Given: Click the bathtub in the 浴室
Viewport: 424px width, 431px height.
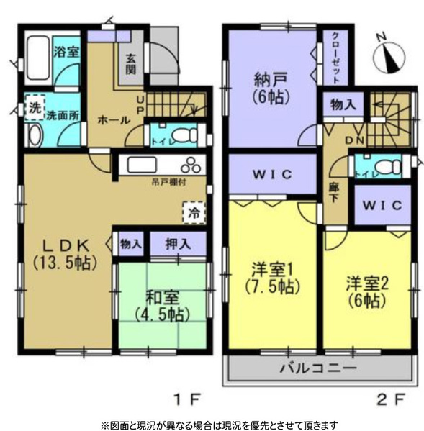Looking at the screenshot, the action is click(x=38, y=58).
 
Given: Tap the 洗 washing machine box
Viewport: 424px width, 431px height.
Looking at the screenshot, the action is click(x=35, y=107).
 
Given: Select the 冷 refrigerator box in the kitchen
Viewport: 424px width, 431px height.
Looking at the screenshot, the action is click(x=194, y=213).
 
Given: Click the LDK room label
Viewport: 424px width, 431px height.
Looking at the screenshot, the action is click(x=66, y=246).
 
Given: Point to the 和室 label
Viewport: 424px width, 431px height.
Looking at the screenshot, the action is click(x=162, y=297).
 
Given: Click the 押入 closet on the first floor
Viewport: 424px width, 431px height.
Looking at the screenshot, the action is click(x=178, y=243).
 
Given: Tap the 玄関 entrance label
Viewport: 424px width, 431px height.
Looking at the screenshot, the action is click(x=131, y=64).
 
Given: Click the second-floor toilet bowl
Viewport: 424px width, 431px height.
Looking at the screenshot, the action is click(x=388, y=167).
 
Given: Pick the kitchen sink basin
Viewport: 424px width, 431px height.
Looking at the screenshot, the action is click(x=141, y=165).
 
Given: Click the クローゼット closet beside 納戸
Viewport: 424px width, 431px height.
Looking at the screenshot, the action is click(x=335, y=58).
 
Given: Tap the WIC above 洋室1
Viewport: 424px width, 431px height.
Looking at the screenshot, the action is click(x=273, y=174).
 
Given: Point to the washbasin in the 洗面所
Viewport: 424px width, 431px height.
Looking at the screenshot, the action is click(x=35, y=135).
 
